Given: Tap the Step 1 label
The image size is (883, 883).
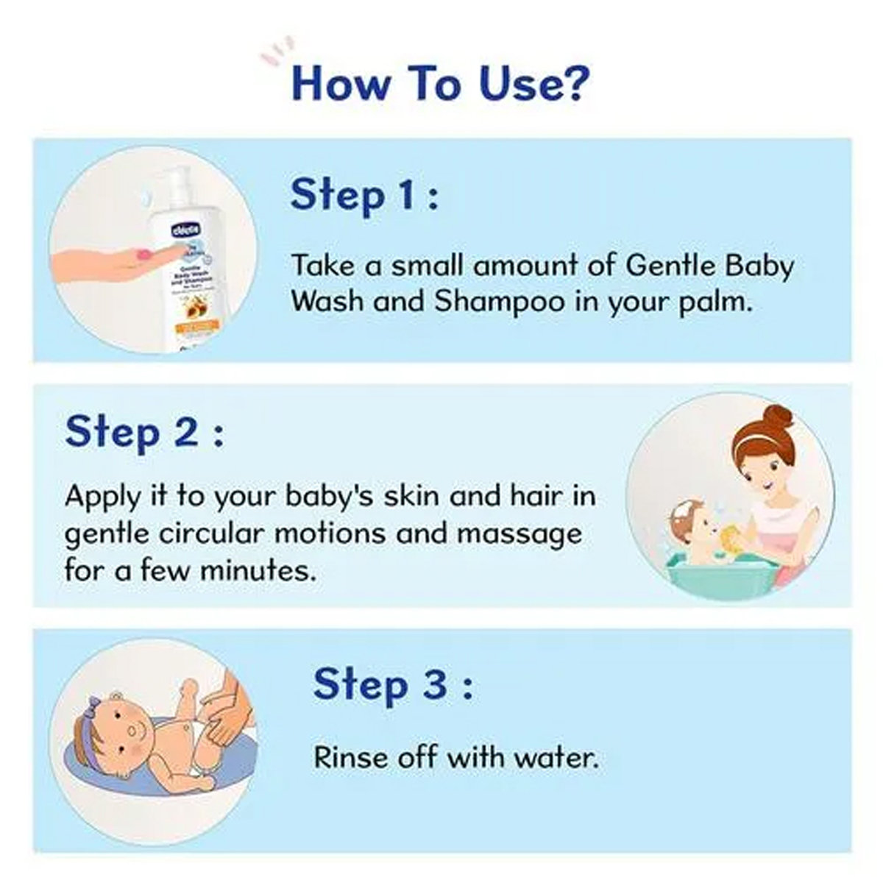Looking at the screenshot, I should tap(364, 196).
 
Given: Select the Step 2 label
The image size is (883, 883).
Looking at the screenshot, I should tap(143, 432).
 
